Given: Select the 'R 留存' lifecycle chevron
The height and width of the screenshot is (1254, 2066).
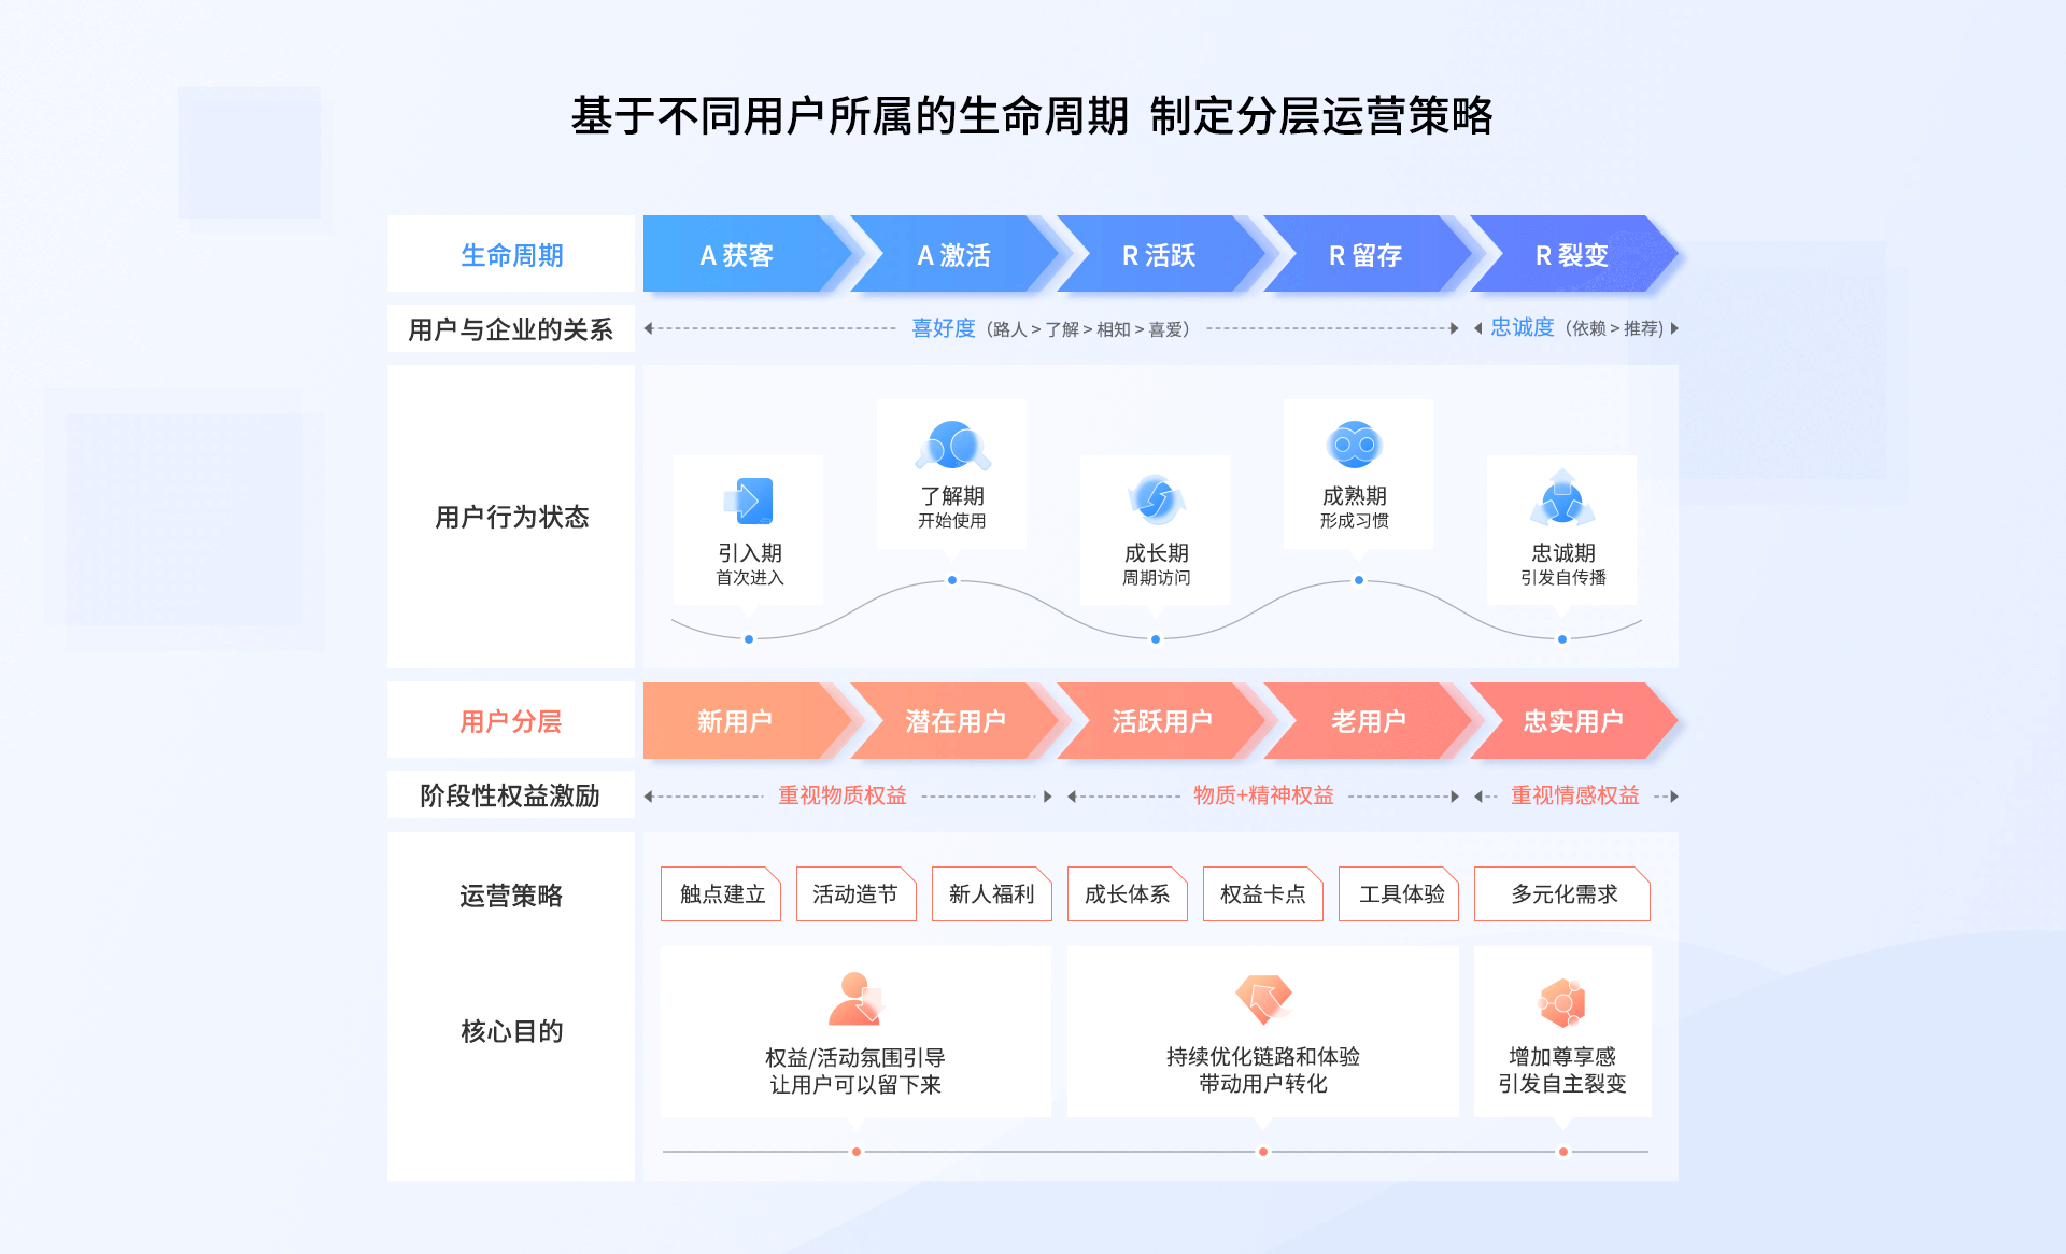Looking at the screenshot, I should [x=1365, y=254].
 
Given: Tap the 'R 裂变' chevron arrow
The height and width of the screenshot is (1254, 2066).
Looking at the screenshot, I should [x=1572, y=254].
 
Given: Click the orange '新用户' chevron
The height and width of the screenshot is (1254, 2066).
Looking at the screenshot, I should [x=734, y=721].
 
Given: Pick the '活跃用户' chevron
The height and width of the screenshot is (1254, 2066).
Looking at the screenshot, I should [x=1161, y=721].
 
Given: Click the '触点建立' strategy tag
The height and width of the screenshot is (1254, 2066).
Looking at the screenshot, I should [x=721, y=894].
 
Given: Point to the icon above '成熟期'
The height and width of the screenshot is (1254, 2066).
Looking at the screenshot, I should [x=1354, y=445].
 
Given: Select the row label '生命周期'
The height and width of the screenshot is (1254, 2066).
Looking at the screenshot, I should [x=512, y=254].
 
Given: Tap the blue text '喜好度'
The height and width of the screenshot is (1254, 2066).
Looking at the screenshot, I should [x=943, y=328].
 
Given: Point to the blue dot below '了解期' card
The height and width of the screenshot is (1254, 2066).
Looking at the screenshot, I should [x=952, y=580].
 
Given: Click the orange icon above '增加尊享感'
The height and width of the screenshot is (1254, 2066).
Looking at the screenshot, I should [x=1562, y=1002].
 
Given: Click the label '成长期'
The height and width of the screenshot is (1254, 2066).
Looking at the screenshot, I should [x=1156, y=553].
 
